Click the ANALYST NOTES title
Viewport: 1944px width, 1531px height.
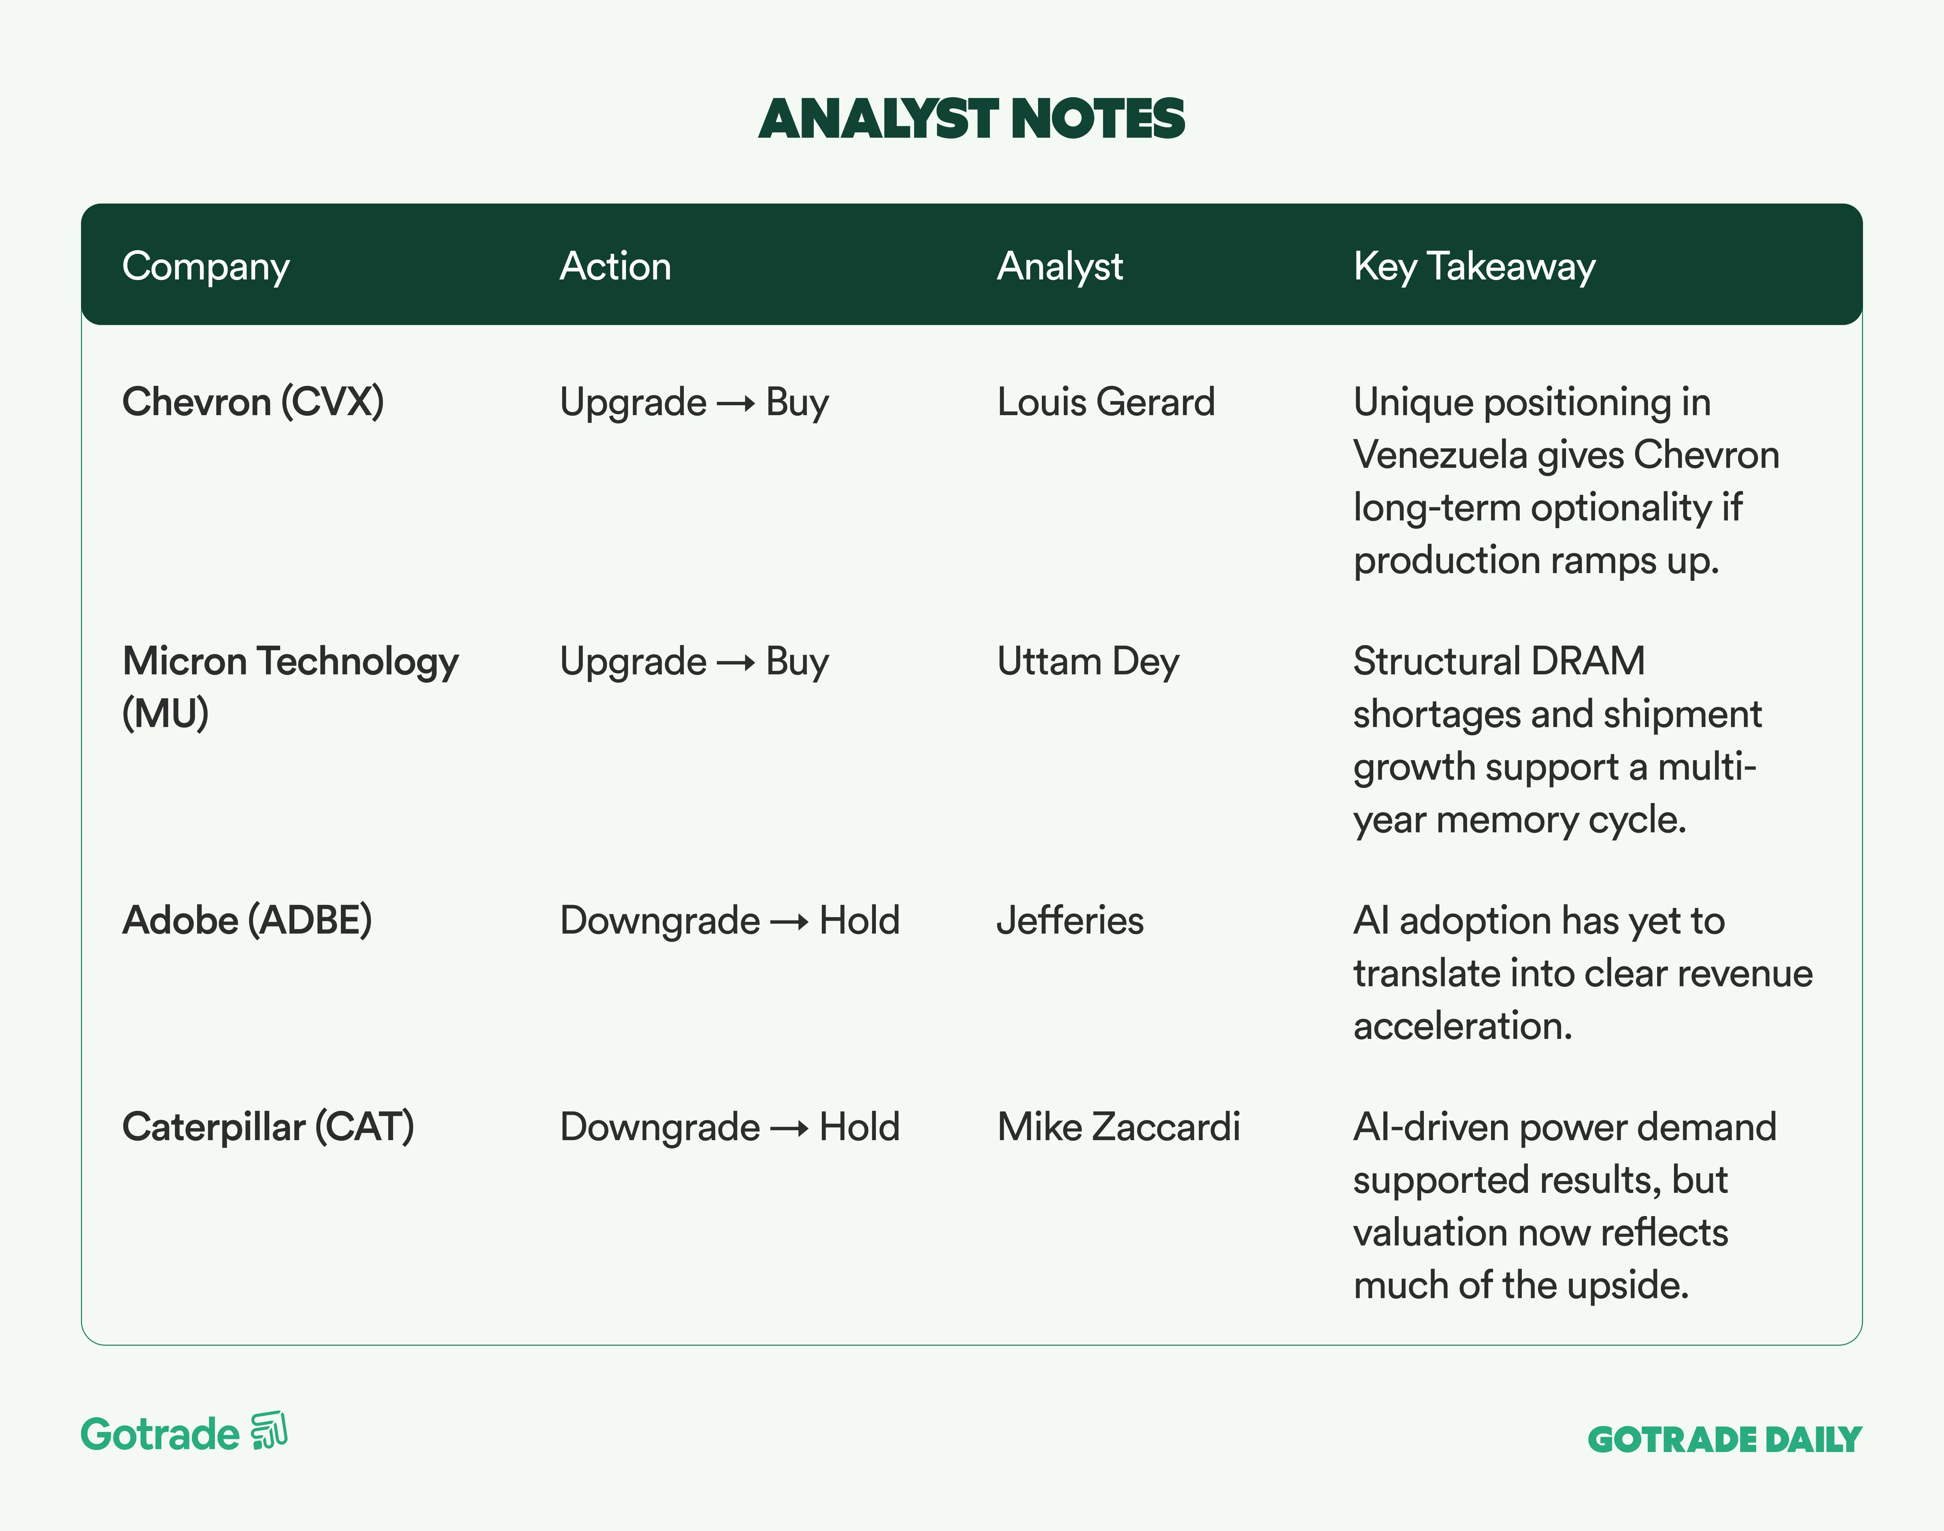(x=972, y=119)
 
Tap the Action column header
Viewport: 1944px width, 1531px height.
(x=616, y=266)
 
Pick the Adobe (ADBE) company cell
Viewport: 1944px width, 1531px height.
(x=247, y=920)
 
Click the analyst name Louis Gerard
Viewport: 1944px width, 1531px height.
(x=1106, y=402)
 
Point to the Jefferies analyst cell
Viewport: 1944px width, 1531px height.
(x=1070, y=920)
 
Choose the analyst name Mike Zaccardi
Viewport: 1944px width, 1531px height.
(x=1118, y=1127)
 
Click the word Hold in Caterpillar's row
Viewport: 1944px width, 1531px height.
(x=860, y=1127)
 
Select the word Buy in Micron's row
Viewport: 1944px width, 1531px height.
(x=798, y=663)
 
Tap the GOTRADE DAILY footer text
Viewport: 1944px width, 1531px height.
(x=1724, y=1440)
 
